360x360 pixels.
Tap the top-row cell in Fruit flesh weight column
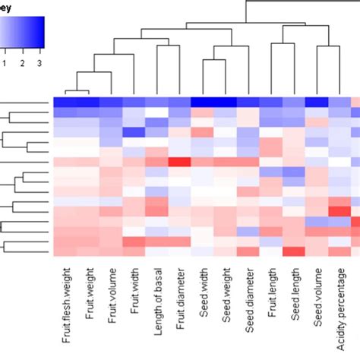pyautogui.click(x=65, y=104)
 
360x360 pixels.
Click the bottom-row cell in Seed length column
pyautogui.click(x=292, y=252)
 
